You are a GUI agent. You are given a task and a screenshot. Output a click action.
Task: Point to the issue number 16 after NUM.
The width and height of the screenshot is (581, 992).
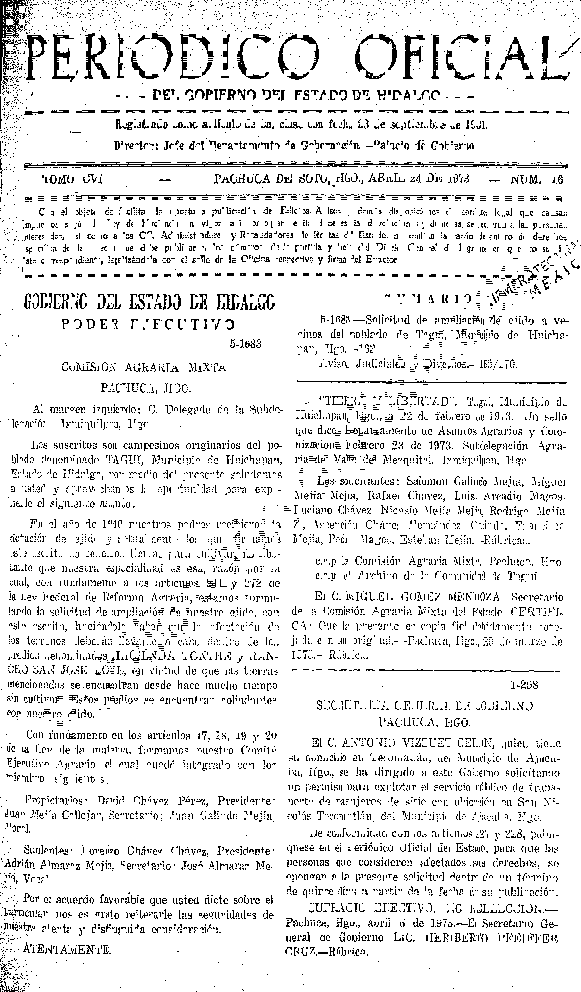pos(557,180)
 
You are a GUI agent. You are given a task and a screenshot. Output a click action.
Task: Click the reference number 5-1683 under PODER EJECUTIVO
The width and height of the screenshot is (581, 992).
pos(246,344)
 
